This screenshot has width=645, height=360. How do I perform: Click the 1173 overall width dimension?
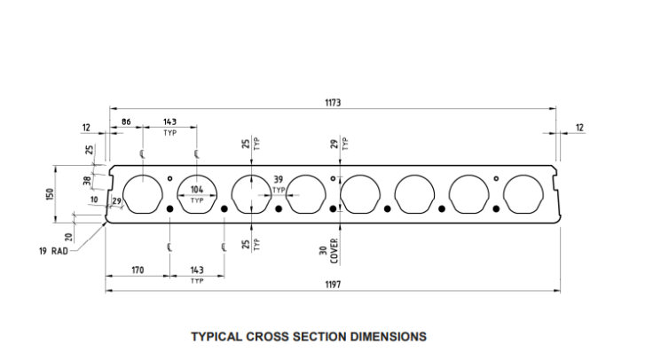point(333,102)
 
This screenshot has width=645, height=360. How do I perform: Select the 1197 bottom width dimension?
point(333,285)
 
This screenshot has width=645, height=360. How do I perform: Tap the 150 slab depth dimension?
point(50,194)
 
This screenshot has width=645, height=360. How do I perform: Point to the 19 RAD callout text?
point(53,251)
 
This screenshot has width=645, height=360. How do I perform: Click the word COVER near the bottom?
point(334,251)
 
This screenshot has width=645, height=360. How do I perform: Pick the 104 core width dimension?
point(197,190)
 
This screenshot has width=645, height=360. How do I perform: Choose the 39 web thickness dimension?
point(279,180)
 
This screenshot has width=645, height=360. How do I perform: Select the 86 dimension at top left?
point(126,121)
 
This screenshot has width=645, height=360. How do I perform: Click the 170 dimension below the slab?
point(138,270)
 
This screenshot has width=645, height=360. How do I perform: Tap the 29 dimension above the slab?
point(334,144)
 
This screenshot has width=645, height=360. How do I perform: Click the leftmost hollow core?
point(143,194)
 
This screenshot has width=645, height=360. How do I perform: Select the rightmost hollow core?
point(523,194)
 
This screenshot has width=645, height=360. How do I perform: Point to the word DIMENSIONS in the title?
point(389,337)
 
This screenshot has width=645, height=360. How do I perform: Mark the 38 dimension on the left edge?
point(87,180)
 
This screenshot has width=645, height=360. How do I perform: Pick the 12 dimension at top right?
point(579,128)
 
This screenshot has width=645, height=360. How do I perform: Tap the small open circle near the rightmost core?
point(496,178)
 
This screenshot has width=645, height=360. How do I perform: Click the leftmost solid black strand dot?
point(169,209)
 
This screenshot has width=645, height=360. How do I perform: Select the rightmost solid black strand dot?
point(496,209)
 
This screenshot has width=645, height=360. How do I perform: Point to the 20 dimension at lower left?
point(69,237)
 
